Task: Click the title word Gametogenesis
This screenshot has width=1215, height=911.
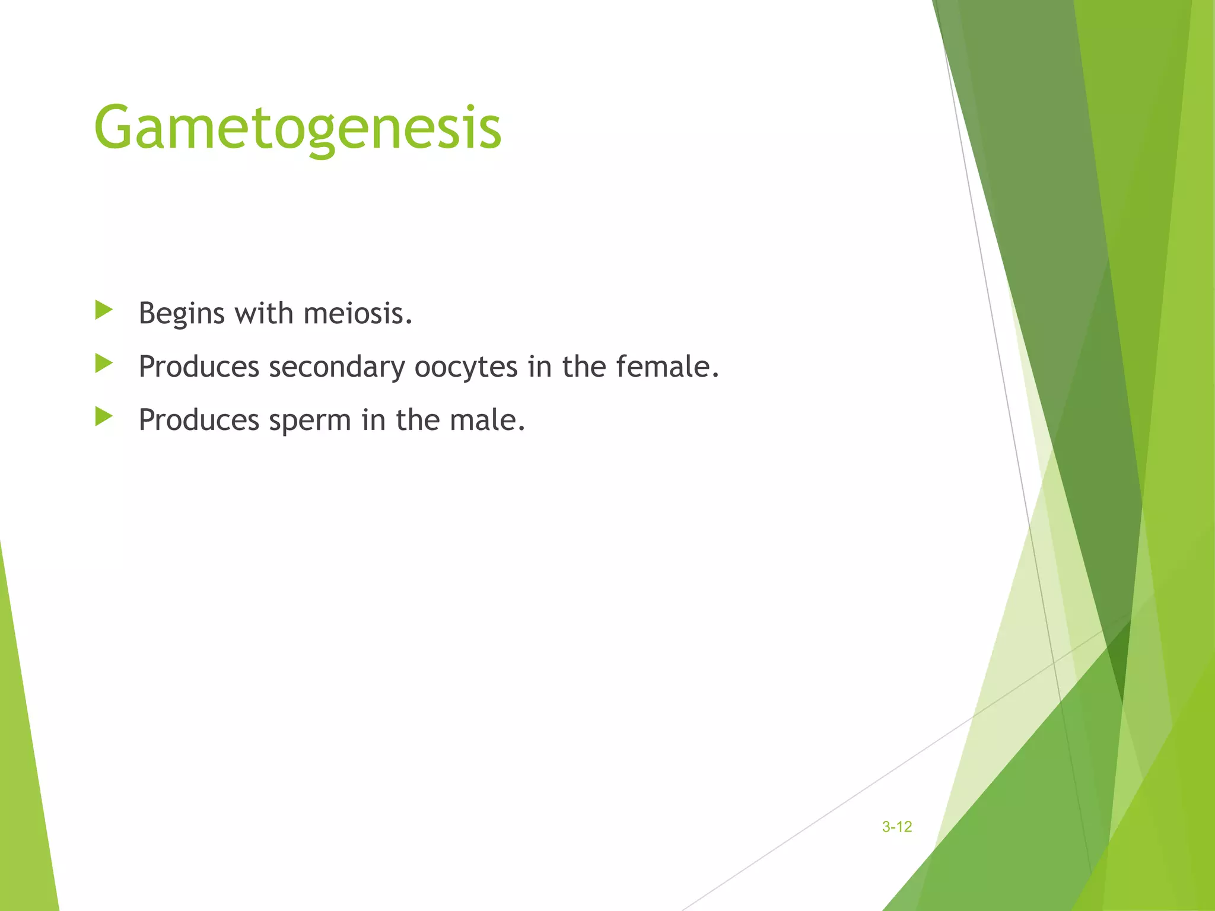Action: click(x=298, y=128)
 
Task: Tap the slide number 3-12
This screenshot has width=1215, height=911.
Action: click(x=896, y=827)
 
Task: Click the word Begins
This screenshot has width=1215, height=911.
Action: click(x=182, y=313)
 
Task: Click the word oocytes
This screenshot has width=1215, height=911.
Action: click(x=466, y=367)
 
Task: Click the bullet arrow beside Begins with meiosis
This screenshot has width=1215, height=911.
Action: click(x=104, y=310)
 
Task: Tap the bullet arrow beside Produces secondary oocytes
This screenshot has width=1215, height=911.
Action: click(x=104, y=364)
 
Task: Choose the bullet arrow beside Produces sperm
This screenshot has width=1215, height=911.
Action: click(x=104, y=417)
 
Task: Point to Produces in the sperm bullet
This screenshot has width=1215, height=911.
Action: click(x=199, y=419)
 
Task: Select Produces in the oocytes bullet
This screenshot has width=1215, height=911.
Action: click(x=199, y=366)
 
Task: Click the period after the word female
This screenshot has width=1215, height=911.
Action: click(x=715, y=375)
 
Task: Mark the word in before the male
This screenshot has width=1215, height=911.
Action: click(x=374, y=419)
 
